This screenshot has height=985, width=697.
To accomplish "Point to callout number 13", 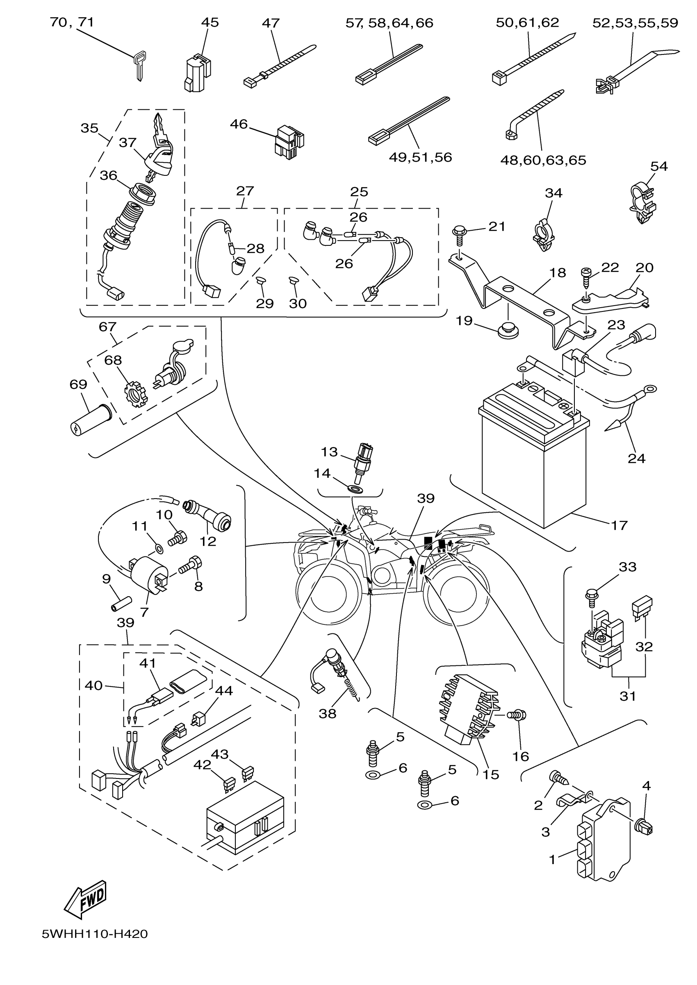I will click(x=329, y=452).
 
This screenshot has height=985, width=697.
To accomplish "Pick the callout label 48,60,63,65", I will click(x=543, y=160).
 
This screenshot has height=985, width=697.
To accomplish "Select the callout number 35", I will click(x=89, y=128).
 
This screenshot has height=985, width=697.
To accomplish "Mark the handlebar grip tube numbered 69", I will click(x=90, y=420).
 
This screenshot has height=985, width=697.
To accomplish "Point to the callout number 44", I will click(x=223, y=691).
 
